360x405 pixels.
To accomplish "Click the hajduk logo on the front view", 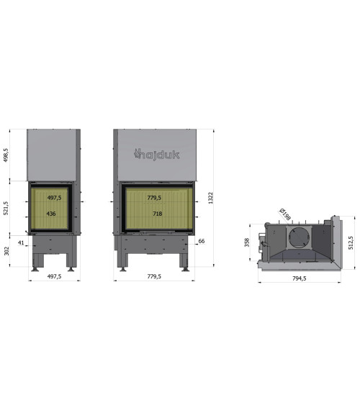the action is click(x=157, y=155).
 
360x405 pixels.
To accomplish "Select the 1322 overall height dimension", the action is click(x=211, y=198).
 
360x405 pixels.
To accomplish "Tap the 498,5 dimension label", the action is click(x=6, y=155).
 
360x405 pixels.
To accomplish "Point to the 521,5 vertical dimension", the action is click(x=6, y=208).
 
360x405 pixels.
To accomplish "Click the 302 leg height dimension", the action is click(x=6, y=251).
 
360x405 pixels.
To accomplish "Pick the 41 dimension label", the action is click(x=21, y=242).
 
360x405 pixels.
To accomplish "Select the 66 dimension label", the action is click(x=202, y=241).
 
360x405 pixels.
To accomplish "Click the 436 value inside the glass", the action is click(x=51, y=214).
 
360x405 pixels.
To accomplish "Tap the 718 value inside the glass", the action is click(x=158, y=214).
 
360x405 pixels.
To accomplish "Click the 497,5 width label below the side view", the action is click(x=54, y=276).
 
